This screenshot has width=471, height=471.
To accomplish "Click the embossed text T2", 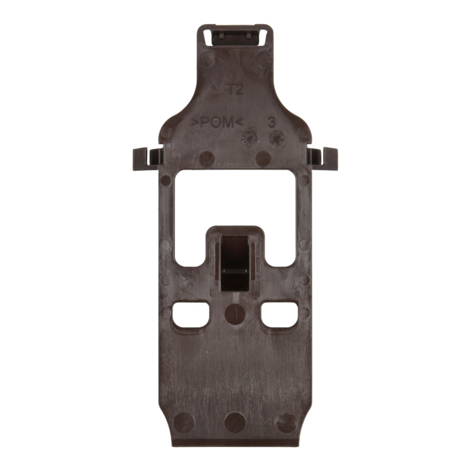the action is point(235,90).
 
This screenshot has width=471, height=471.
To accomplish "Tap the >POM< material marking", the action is point(217,123).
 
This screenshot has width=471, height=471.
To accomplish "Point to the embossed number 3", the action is point(272,123).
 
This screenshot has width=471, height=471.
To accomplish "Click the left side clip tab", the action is point(148,159).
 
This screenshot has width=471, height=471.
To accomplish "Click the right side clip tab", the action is point(322,159).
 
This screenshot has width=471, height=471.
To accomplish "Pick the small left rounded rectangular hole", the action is point(190,314).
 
